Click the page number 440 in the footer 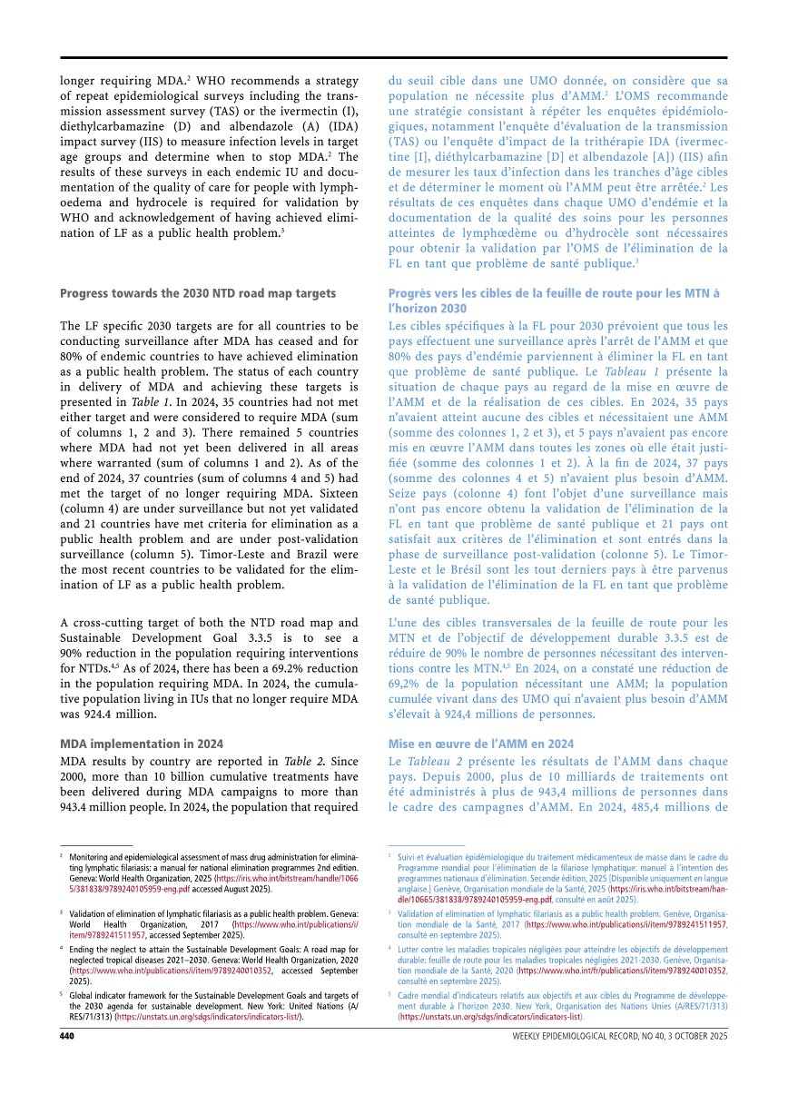click(x=67, y=1036)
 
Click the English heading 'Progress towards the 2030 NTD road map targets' click(x=198, y=293)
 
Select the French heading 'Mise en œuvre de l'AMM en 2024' click(x=481, y=744)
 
